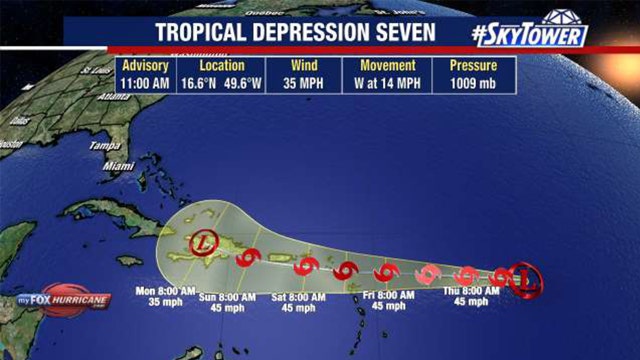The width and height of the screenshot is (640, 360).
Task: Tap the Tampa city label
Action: (104, 145)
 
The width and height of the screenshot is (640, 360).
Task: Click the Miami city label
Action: (119, 165)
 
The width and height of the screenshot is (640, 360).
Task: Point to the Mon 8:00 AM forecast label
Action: (163, 297)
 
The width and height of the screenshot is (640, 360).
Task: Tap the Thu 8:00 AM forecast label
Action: (469, 297)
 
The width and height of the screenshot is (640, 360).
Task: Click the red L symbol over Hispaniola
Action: (203, 242)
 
